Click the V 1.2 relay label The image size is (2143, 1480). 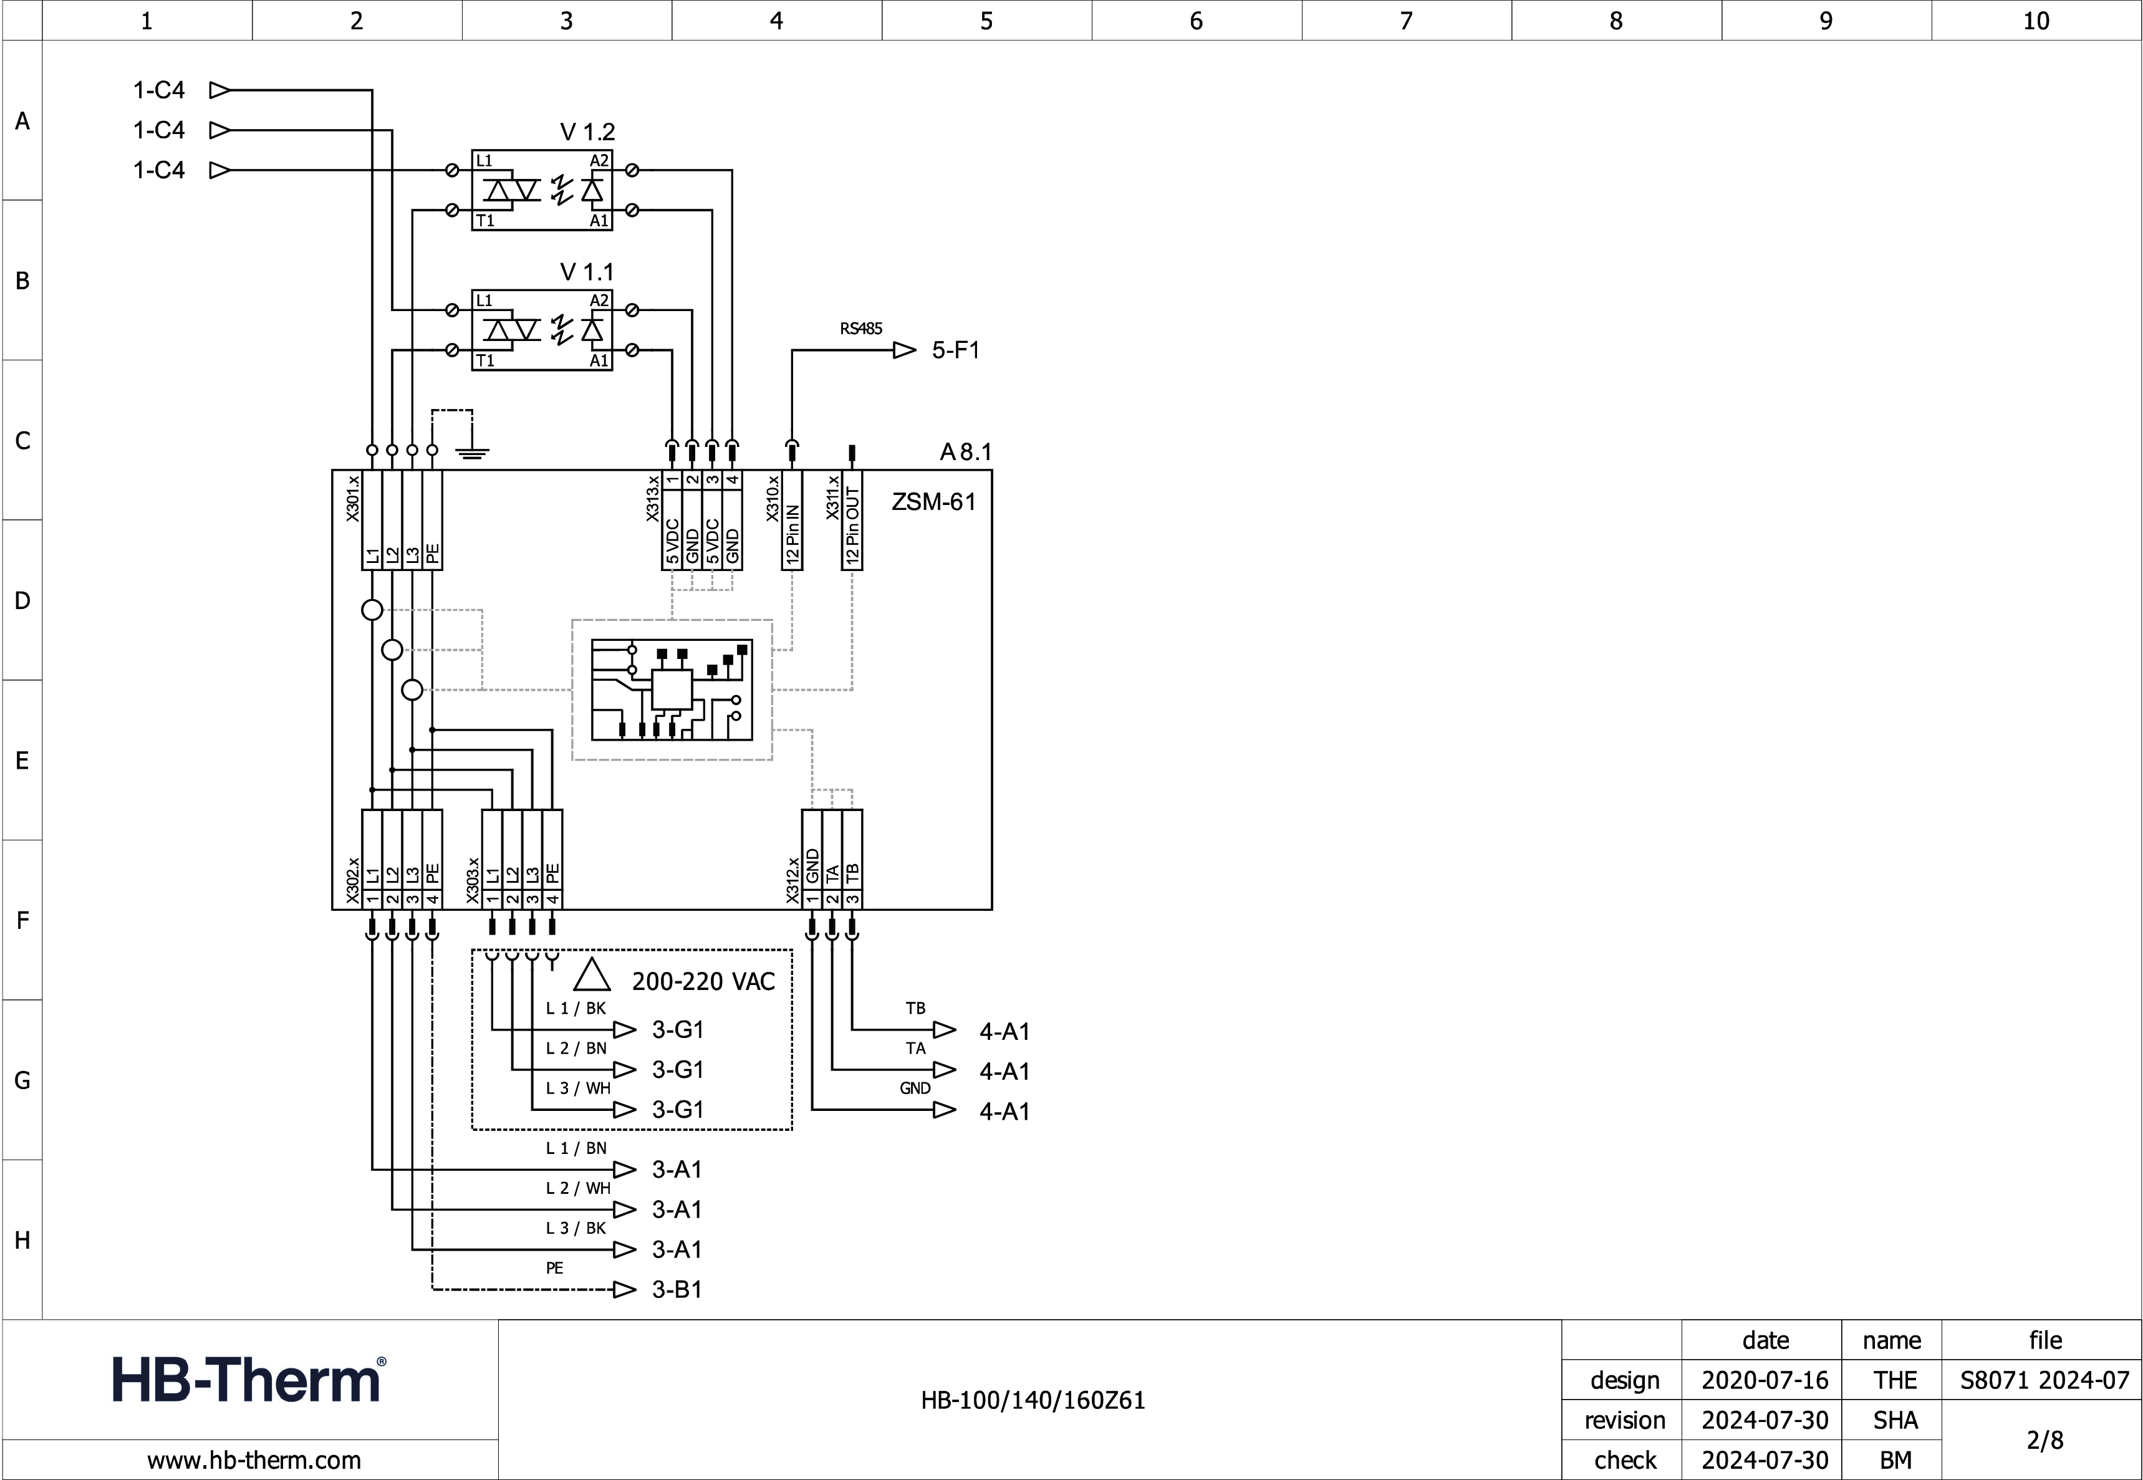click(587, 133)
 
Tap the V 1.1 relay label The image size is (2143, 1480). click(586, 272)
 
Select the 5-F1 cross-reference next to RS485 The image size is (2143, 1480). click(955, 350)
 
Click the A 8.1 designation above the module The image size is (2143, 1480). click(965, 453)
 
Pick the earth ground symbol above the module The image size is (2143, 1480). click(472, 453)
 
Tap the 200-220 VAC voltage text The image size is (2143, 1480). click(703, 982)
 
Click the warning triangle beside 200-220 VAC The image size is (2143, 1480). click(592, 976)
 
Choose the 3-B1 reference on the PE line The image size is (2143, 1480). click(677, 1290)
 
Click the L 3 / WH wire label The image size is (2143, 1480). click(578, 1088)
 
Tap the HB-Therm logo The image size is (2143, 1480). click(249, 1379)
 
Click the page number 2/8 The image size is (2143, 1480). click(2044, 1440)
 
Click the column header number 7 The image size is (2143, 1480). click(1406, 21)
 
